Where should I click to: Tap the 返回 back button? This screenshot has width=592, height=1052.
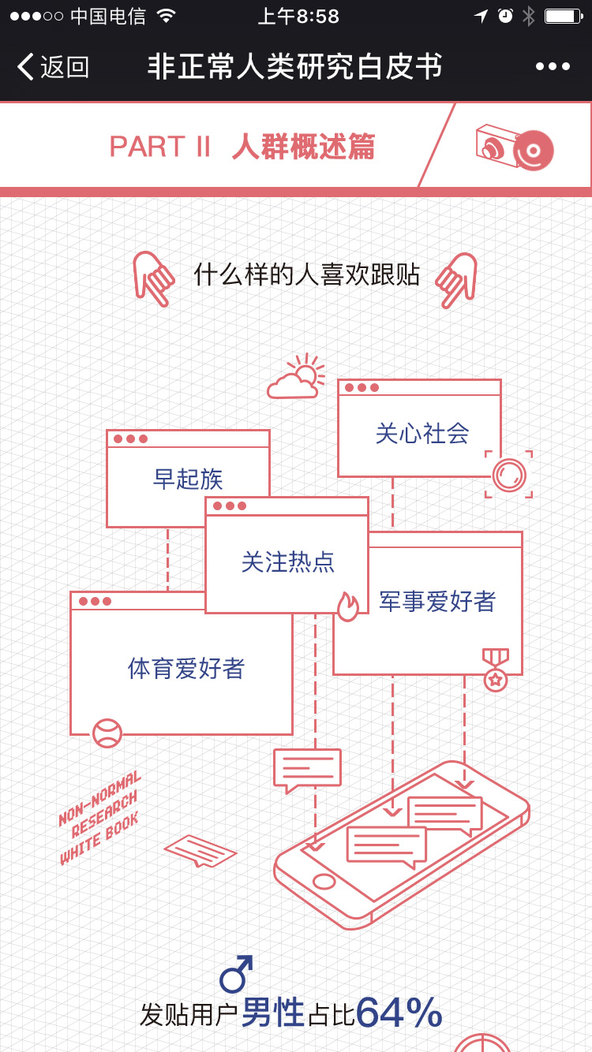(x=54, y=67)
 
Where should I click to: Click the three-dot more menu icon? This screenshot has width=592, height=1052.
(x=553, y=67)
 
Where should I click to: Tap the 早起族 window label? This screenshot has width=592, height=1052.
(x=188, y=479)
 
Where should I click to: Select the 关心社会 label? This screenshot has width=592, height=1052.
(x=422, y=433)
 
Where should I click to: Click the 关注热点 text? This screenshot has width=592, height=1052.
(x=288, y=561)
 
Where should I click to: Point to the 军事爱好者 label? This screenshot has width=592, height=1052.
(x=437, y=602)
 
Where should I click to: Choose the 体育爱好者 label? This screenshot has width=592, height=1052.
(x=186, y=669)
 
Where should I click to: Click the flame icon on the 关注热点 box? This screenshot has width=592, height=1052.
(x=348, y=606)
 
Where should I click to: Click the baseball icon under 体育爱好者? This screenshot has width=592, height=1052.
(x=107, y=733)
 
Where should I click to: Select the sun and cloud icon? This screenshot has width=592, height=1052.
(x=297, y=377)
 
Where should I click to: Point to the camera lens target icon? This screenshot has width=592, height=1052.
(x=508, y=475)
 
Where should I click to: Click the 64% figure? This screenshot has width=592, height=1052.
(x=399, y=1013)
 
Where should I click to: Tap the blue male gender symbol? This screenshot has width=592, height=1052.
(x=237, y=974)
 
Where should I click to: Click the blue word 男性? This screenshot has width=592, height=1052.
(x=273, y=1013)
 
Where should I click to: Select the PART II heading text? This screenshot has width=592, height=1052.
(x=160, y=147)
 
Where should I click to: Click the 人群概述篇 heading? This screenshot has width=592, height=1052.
(x=304, y=147)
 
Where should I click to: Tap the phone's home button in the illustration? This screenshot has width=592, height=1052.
(x=324, y=881)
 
